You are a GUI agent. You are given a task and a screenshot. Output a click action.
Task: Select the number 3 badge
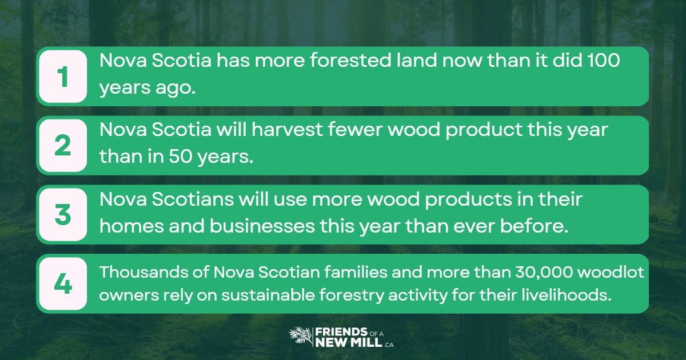(x=62, y=215)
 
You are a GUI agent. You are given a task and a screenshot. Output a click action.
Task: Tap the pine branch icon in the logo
(x=301, y=337)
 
